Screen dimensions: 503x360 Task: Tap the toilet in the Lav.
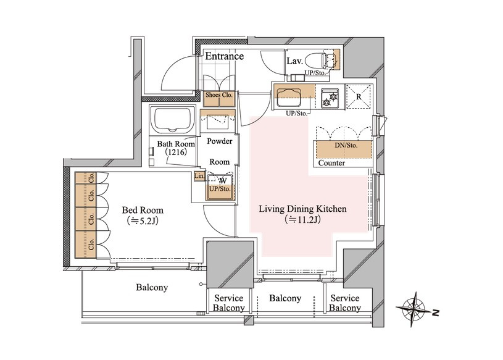(x=320, y=60)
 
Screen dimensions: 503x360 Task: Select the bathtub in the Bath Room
(x=172, y=120)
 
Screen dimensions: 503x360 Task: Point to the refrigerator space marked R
(x=359, y=96)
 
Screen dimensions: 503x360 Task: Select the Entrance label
(x=224, y=56)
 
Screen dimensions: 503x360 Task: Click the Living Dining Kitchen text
(x=302, y=209)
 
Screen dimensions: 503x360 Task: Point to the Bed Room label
(x=143, y=210)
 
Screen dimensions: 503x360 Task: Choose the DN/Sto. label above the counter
(x=346, y=145)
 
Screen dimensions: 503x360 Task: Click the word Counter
(x=331, y=163)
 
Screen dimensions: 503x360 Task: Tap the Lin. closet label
(x=199, y=176)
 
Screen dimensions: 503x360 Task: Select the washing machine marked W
(x=220, y=187)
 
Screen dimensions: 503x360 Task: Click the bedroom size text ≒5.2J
(x=143, y=220)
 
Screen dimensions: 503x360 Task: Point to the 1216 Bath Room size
(x=176, y=152)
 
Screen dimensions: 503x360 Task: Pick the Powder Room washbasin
(x=217, y=120)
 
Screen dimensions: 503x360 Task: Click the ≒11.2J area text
(x=302, y=219)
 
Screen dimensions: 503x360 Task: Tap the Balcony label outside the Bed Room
(x=152, y=287)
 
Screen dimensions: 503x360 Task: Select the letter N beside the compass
(x=435, y=312)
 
